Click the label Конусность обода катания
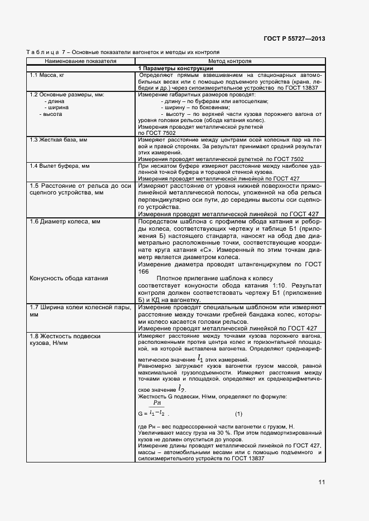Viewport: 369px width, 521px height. [69, 278]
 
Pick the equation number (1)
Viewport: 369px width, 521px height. [238, 413]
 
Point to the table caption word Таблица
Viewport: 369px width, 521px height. [41, 52]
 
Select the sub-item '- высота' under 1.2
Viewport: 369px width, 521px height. [51, 114]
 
